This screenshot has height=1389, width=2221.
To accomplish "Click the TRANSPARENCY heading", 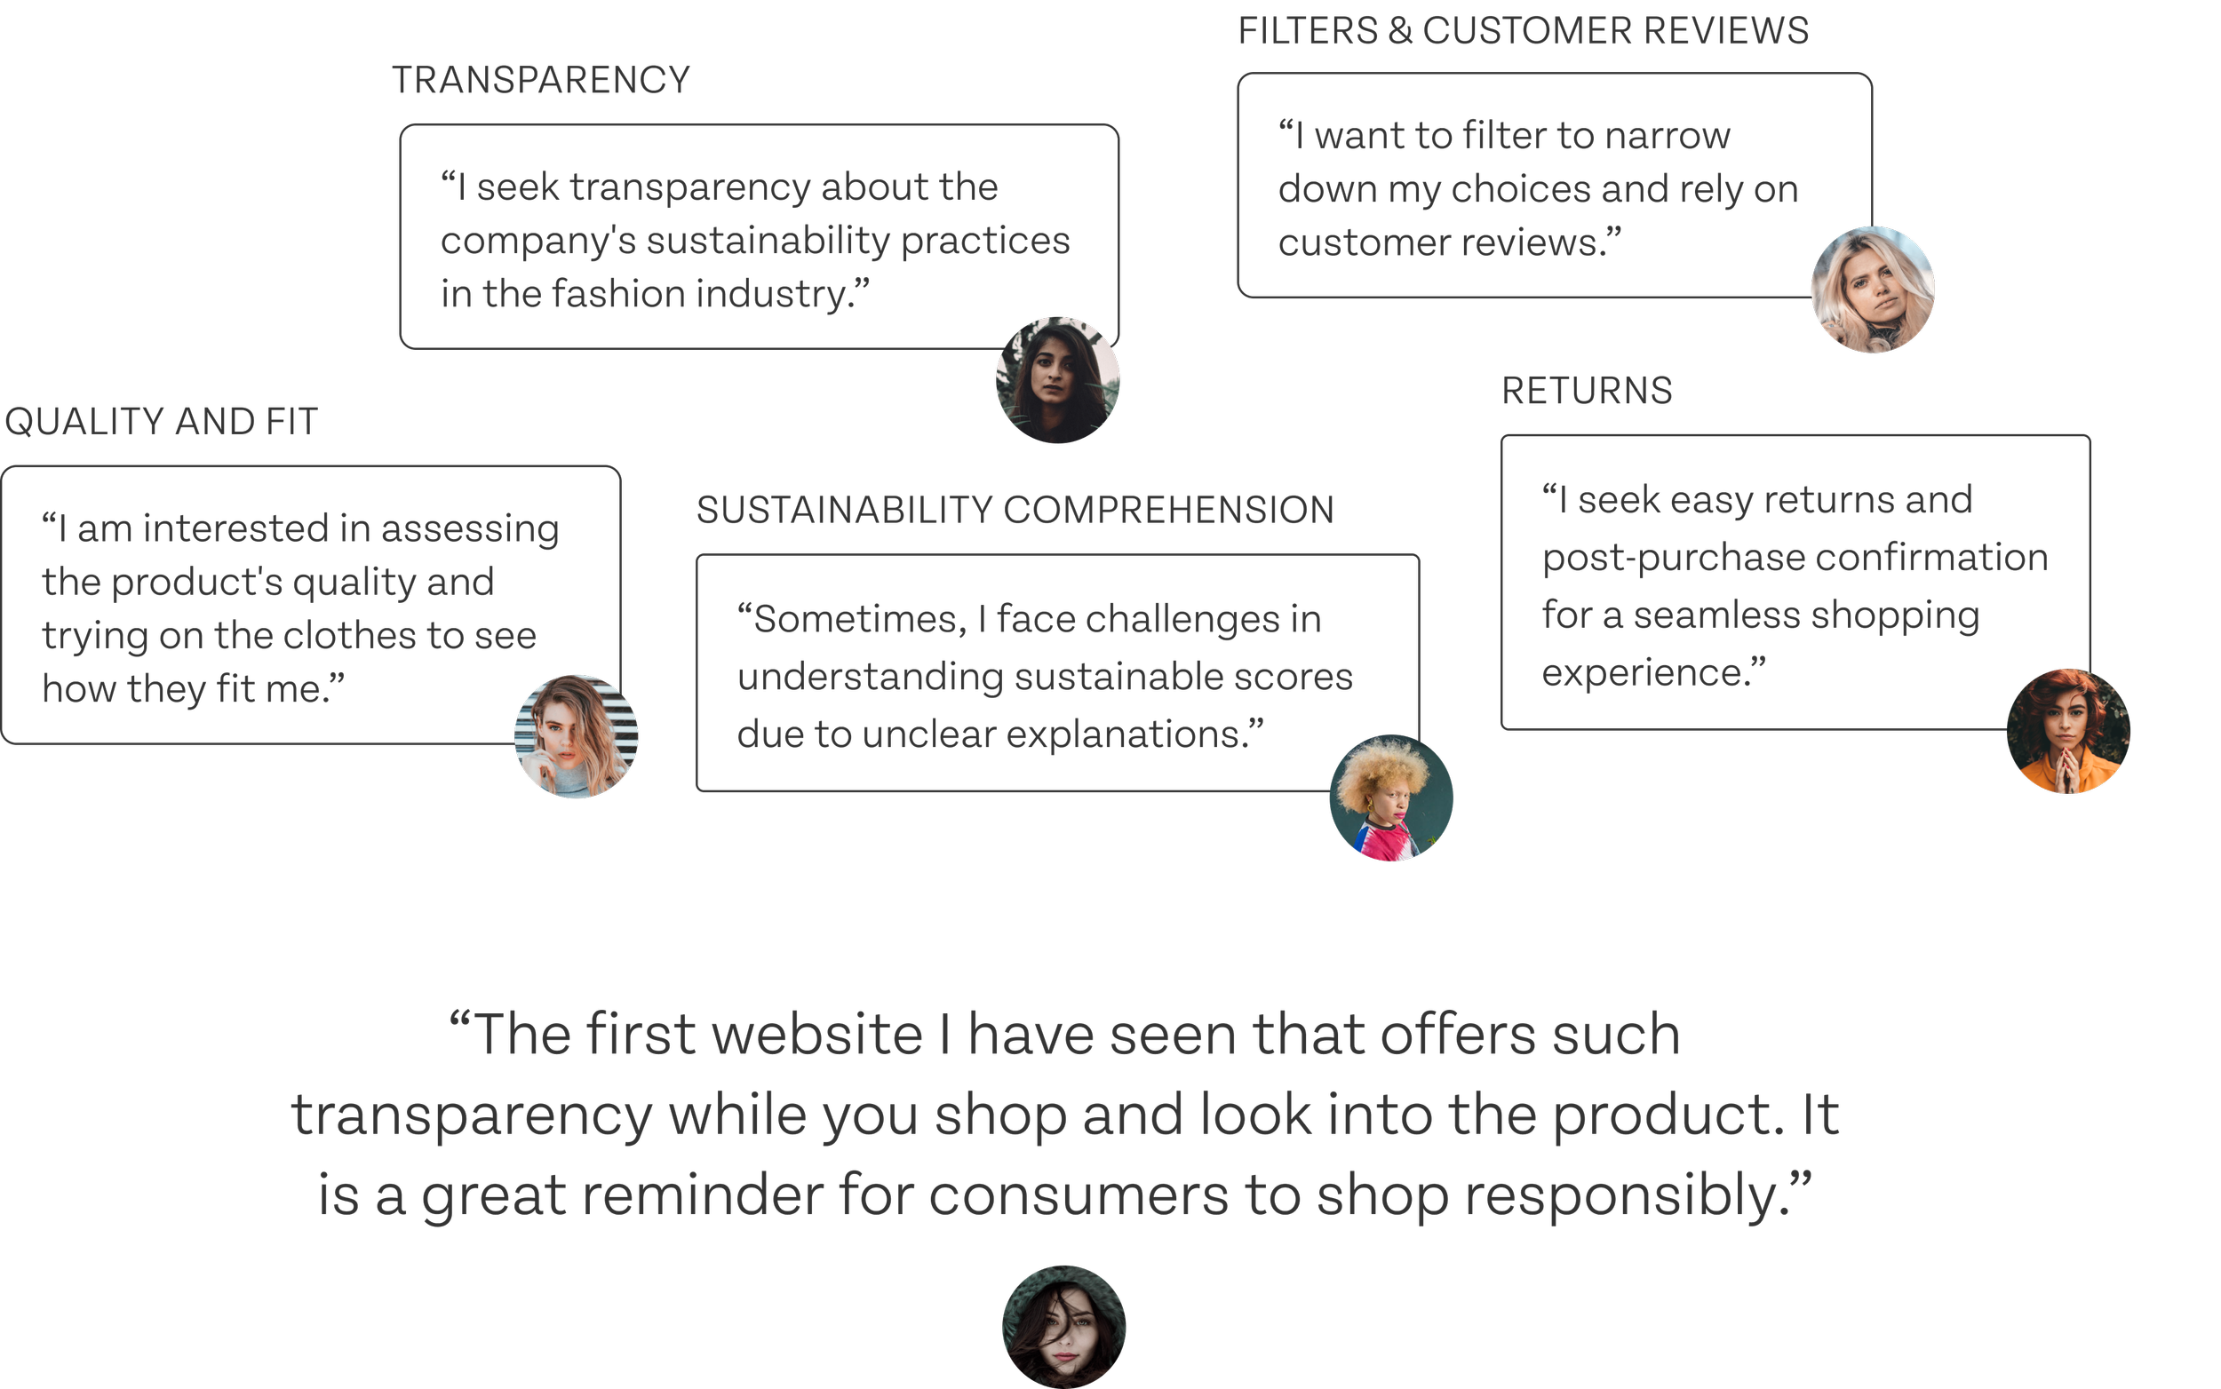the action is point(540,80).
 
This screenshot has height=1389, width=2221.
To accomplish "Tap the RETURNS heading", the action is point(1586,392).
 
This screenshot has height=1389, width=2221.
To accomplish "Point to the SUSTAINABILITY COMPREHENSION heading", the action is point(1015,511).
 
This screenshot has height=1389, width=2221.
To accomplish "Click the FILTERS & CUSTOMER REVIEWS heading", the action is point(1523,31).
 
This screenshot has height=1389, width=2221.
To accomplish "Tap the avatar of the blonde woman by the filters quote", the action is point(1872,290).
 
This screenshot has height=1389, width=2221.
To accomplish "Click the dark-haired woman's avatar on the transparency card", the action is point(1058,379).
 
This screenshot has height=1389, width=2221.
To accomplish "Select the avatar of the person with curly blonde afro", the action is point(1390,798).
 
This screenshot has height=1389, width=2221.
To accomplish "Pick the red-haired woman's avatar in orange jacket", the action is point(2067,731).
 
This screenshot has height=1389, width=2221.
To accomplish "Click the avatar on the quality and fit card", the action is point(577,737).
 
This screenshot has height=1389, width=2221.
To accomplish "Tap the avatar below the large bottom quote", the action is point(1063,1327).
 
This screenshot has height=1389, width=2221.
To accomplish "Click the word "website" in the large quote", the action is point(817,1036).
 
